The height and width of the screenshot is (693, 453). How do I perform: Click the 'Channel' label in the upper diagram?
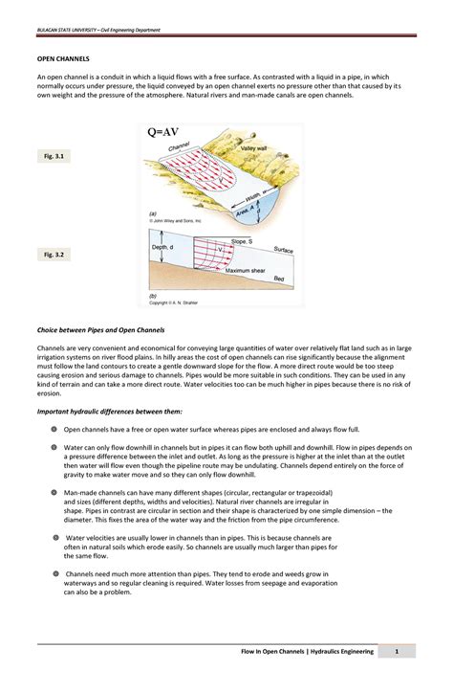(180, 147)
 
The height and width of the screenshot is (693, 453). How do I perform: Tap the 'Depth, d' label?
(163, 248)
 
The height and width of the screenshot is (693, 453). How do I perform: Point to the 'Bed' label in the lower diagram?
(279, 279)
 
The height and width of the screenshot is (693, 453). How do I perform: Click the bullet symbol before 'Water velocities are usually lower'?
(54, 538)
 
